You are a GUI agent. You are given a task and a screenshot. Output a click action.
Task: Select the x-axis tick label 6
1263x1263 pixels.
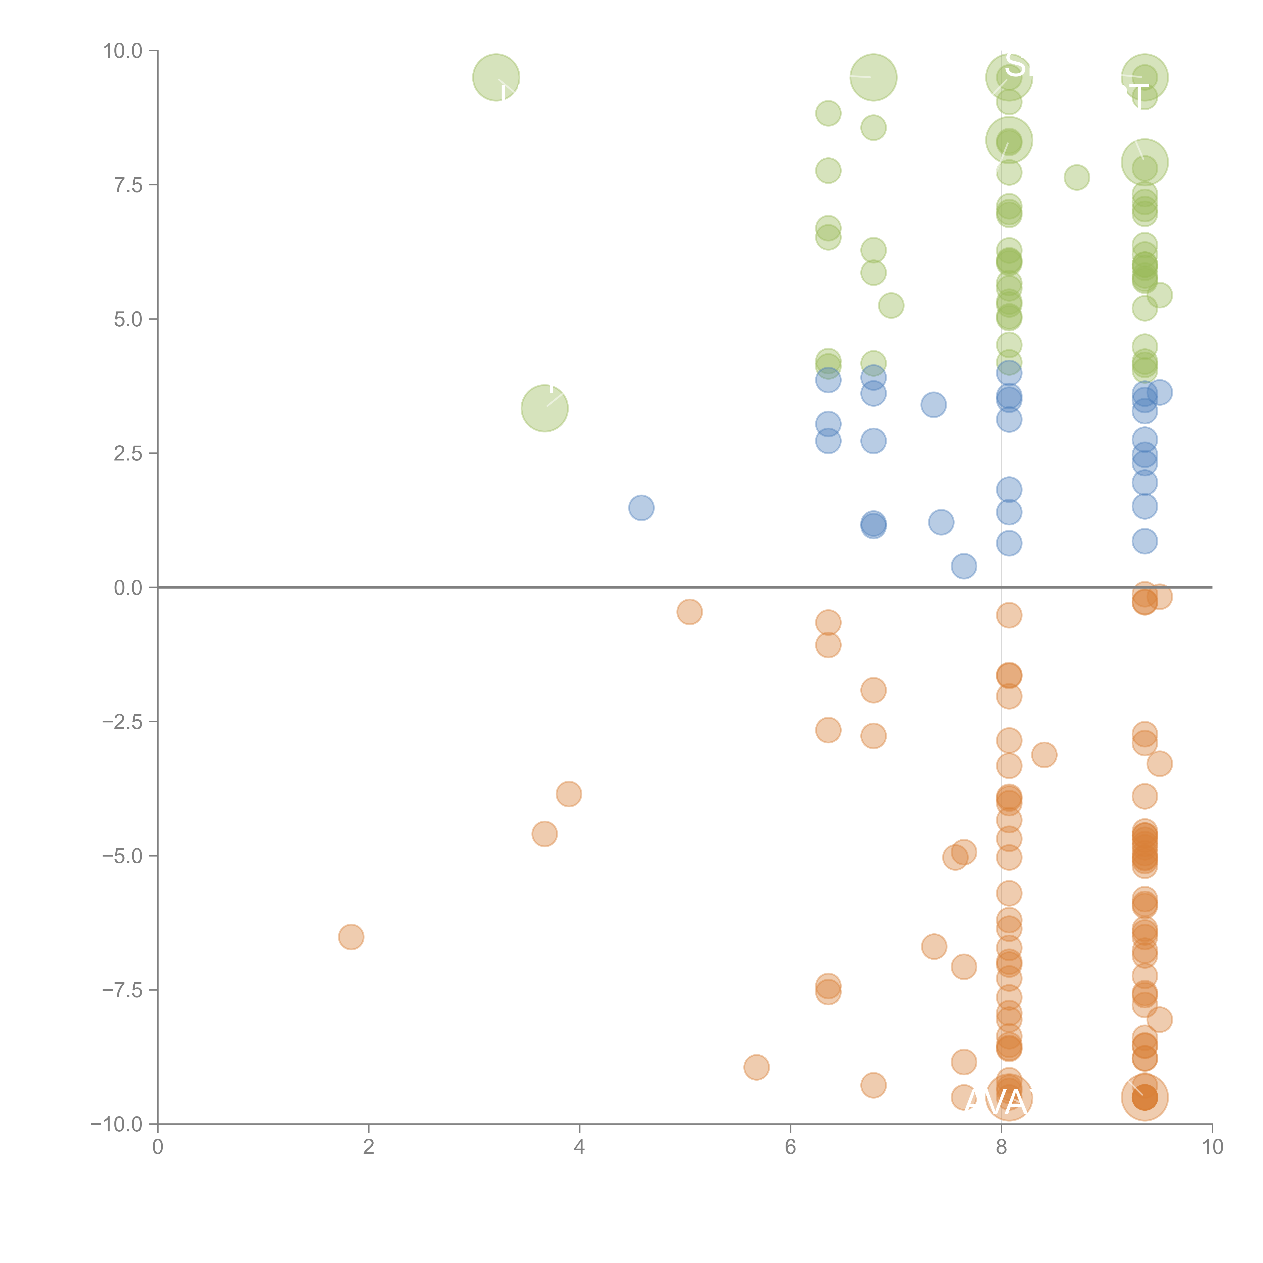(x=790, y=1147)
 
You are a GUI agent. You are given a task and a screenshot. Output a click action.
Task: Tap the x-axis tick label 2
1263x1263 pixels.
(x=369, y=1147)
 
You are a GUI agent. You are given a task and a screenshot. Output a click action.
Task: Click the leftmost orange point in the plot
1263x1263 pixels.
(x=351, y=937)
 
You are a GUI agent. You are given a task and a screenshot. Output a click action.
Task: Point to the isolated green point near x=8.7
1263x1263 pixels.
(x=1077, y=177)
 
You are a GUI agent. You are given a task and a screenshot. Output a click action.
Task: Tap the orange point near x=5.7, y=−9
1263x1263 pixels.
(x=756, y=1067)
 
